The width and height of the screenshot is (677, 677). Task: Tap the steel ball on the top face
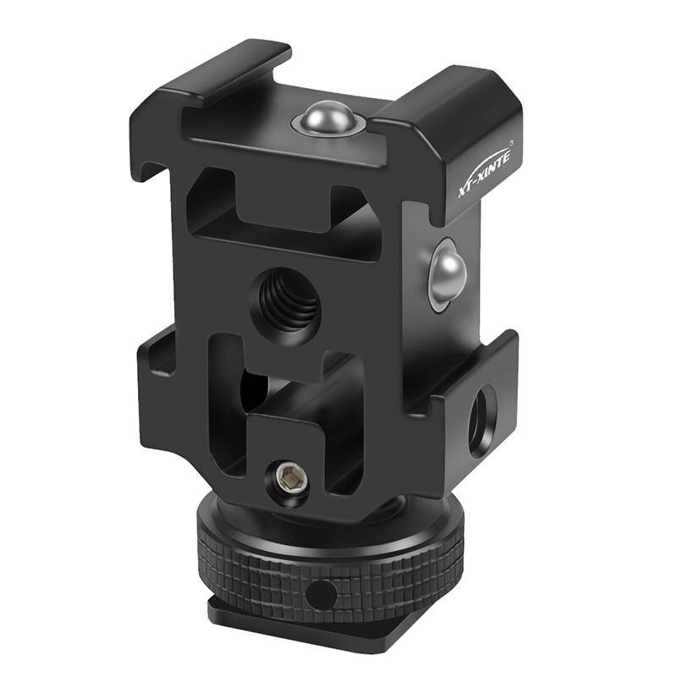click(327, 117)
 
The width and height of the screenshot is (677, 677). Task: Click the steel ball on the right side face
click(448, 274)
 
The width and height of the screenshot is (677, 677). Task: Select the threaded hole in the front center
click(287, 305)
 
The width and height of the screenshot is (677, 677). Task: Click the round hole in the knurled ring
click(321, 595)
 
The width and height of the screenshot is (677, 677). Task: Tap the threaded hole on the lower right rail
click(482, 421)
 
